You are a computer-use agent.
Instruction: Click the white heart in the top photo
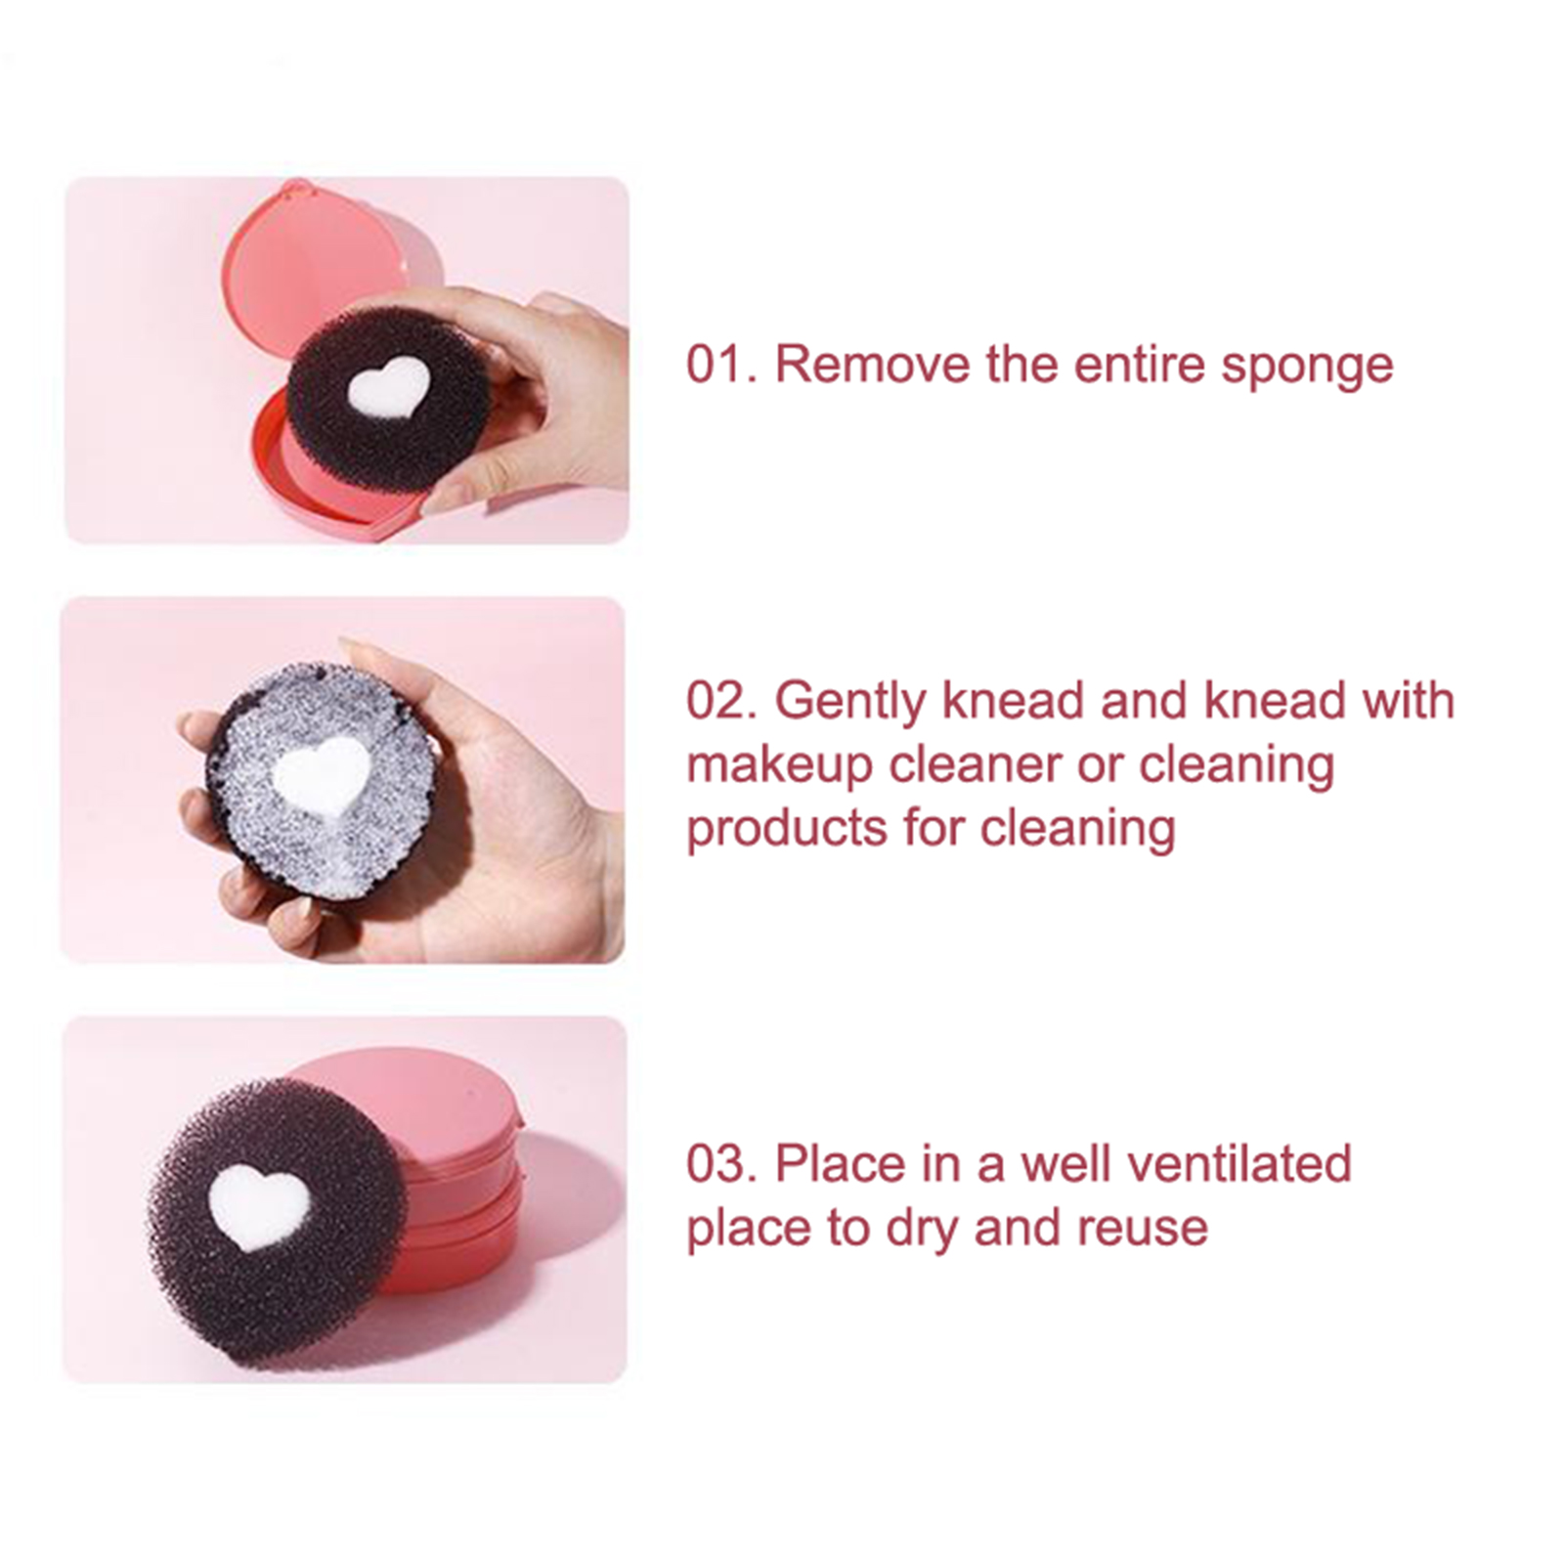388,384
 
